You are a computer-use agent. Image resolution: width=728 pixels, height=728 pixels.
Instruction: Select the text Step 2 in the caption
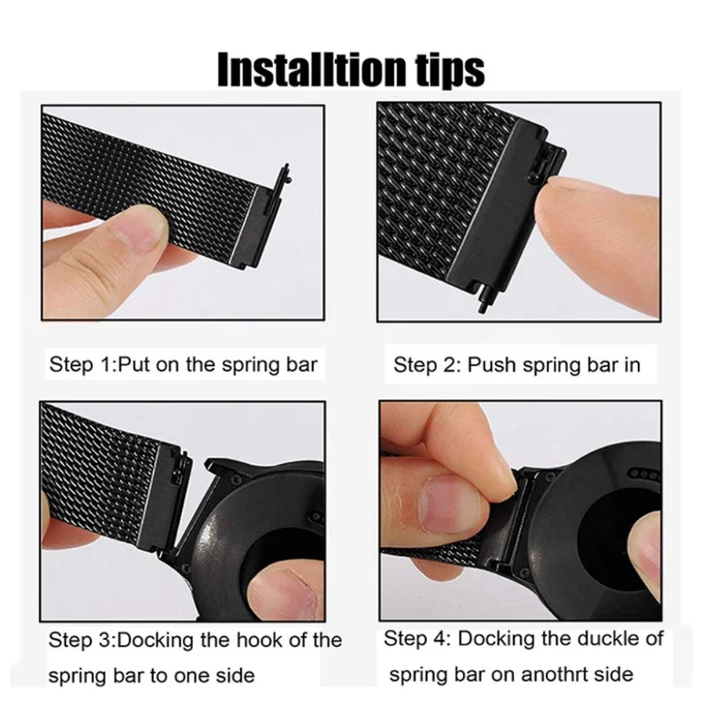[x=427, y=366]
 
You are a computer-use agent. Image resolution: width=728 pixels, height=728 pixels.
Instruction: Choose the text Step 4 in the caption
[x=417, y=640]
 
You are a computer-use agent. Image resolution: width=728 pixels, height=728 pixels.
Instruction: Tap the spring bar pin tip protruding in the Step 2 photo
[x=482, y=305]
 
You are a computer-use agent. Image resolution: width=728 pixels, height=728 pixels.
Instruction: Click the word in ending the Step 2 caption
[x=632, y=366]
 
